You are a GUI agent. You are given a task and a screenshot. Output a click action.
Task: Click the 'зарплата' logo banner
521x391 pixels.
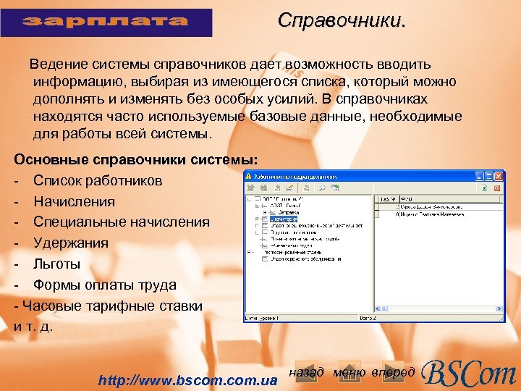pyautogui.click(x=107, y=22)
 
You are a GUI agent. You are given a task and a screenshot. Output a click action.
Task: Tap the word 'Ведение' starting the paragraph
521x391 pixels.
pyautogui.click(x=54, y=66)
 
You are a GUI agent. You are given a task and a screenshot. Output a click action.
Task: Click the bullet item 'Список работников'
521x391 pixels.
pyautogui.click(x=98, y=180)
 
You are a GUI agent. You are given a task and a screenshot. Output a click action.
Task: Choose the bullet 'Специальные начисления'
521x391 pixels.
pyautogui.click(x=122, y=222)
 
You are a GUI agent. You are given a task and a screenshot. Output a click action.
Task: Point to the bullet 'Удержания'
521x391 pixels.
pyautogui.click(x=71, y=243)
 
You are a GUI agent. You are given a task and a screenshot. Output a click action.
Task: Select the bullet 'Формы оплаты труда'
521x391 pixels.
pyautogui.click(x=105, y=285)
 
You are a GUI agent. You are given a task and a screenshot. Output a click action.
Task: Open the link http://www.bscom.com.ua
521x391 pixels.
pyautogui.click(x=188, y=379)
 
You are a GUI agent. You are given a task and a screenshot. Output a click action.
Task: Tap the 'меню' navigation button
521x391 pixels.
pyautogui.click(x=350, y=372)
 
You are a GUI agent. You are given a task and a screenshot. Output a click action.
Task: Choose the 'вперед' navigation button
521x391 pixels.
pyautogui.click(x=393, y=372)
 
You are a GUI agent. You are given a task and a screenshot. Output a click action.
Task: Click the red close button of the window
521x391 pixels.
pyautogui.click(x=498, y=175)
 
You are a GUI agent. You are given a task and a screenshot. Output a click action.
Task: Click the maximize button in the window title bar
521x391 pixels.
pyautogui.click(x=488, y=175)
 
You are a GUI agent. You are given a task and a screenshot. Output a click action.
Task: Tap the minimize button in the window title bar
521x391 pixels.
pyautogui.click(x=479, y=175)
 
